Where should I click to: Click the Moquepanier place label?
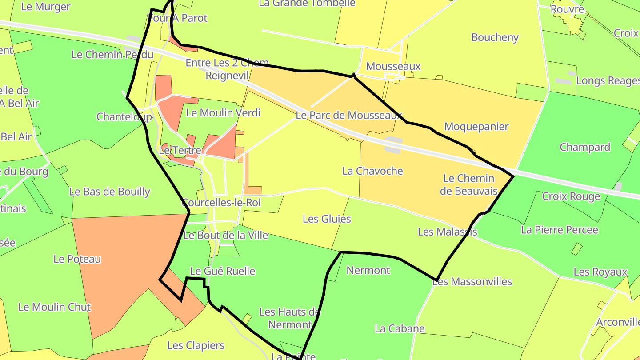(476, 127)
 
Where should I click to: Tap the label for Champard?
(584, 147)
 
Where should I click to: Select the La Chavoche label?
(372, 171)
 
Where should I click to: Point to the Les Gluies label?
(327, 219)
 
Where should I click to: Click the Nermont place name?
(368, 270)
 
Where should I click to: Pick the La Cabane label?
(400, 328)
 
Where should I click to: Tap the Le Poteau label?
(77, 259)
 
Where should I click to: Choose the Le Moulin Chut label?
(54, 307)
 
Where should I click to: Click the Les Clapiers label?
(196, 345)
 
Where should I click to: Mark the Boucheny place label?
(495, 37)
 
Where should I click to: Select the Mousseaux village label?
(393, 67)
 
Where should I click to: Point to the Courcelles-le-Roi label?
(221, 203)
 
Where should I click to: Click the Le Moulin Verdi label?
(223, 112)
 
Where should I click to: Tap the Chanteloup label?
(124, 117)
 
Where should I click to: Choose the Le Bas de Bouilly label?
(109, 192)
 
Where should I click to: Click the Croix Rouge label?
(571, 196)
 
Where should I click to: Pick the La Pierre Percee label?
(560, 230)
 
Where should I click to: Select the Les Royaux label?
(600, 272)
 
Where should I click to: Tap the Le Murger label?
(46, 7)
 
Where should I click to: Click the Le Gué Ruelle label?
(222, 271)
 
